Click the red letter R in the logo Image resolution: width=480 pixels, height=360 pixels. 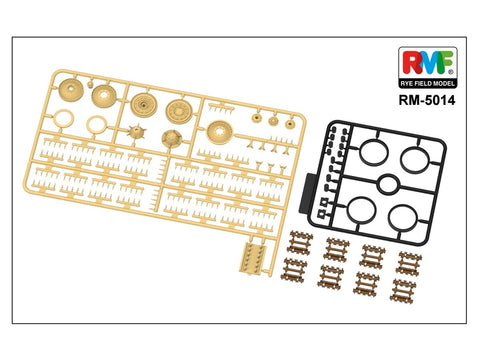click(x=409, y=63)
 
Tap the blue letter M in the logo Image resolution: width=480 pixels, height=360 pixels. click(x=427, y=63)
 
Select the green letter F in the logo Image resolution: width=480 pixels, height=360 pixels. click(x=446, y=62)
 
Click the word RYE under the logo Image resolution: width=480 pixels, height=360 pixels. click(x=407, y=83)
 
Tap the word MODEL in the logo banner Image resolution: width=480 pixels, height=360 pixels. click(x=444, y=83)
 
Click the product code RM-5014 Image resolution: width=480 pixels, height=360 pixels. click(x=427, y=100)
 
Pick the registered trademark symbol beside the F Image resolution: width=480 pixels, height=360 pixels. click(x=451, y=72)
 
